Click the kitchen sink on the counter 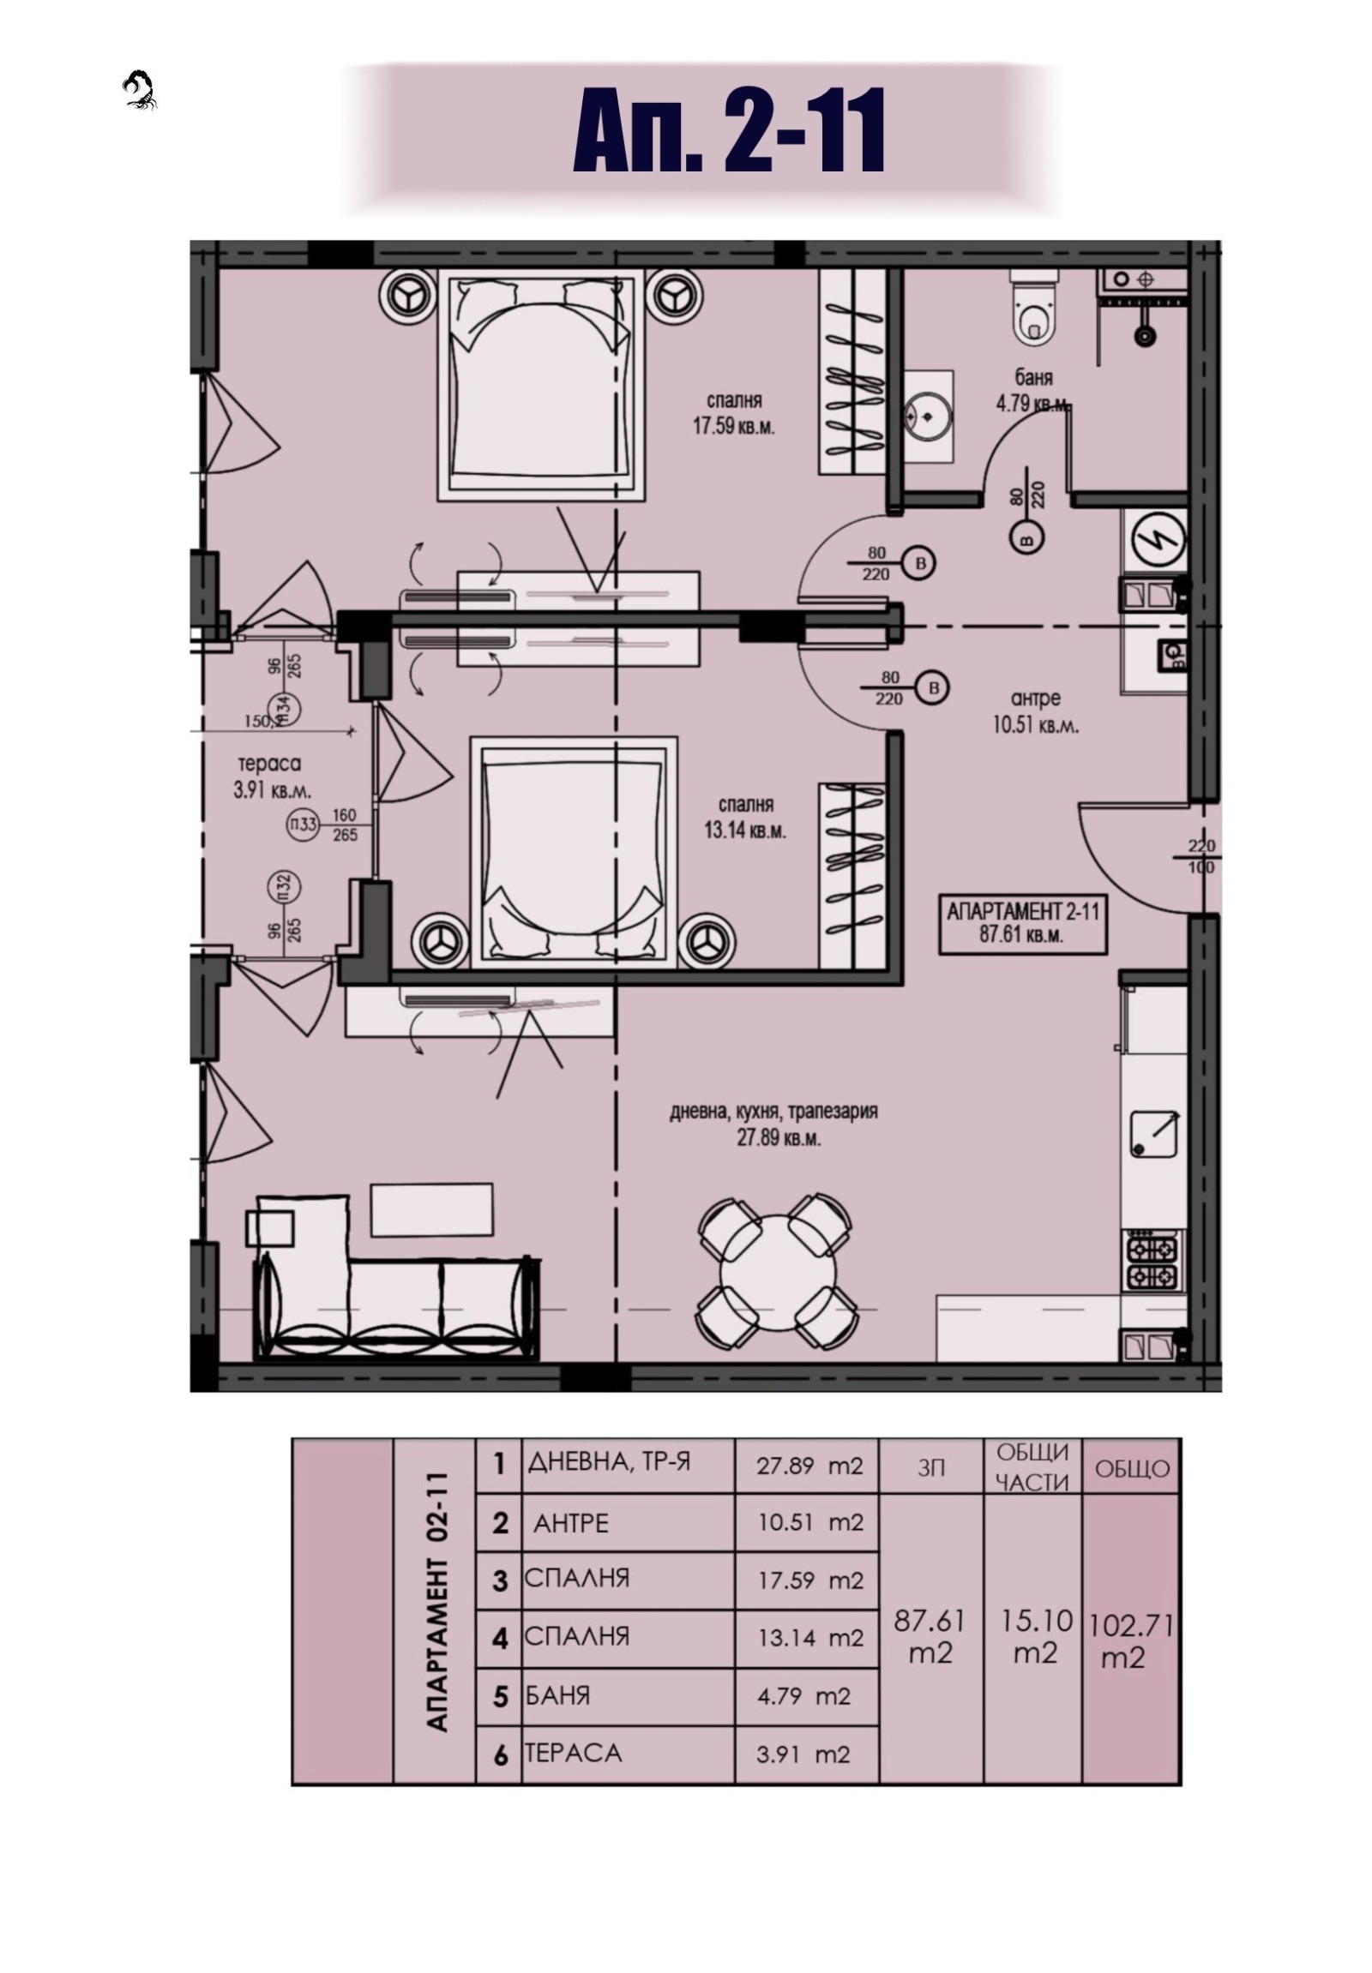[x=1153, y=1134]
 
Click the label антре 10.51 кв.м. [x=1035, y=711]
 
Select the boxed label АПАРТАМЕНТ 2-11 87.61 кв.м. [x=1022, y=922]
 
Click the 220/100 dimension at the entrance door [x=1201, y=856]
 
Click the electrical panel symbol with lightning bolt [x=1155, y=540]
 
